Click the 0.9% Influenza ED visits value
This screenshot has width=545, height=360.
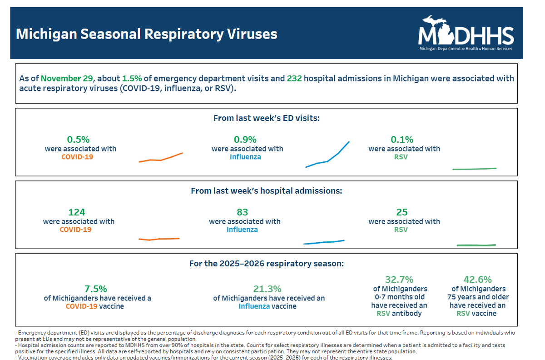point(245,140)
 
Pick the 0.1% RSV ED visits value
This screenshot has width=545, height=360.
point(401,140)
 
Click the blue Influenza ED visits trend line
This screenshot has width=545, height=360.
point(328,158)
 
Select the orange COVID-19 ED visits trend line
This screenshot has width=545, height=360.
point(161,159)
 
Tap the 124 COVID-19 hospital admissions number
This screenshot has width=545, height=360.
point(77,212)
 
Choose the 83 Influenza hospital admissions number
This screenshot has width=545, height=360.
point(243,212)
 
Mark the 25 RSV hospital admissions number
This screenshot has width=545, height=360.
point(401,212)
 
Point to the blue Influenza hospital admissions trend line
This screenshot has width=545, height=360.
point(324,242)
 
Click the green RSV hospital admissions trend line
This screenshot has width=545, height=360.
point(476,245)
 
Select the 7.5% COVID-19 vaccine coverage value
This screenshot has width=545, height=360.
point(96,289)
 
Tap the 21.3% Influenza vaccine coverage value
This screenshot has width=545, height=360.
point(267,289)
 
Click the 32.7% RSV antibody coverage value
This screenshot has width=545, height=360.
point(399,280)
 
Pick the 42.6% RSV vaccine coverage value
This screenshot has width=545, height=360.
point(478,280)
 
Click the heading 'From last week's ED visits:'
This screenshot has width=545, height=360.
point(267,118)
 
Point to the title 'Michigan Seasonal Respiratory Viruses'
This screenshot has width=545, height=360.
point(146,34)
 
